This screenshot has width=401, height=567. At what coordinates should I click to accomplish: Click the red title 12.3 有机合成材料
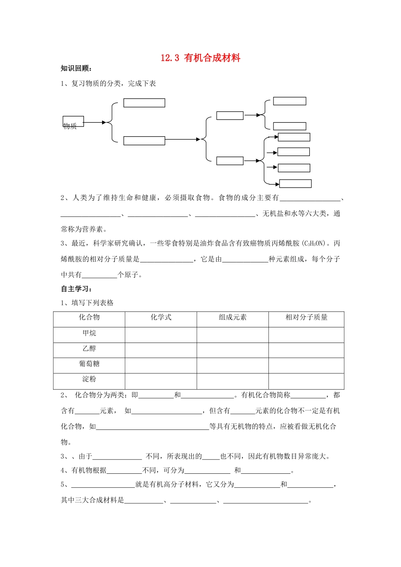point(200,58)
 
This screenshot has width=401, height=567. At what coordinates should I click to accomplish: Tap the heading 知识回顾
point(76,69)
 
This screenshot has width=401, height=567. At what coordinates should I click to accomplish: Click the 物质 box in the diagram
point(73,121)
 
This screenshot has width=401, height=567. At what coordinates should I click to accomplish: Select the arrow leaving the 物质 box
point(95,123)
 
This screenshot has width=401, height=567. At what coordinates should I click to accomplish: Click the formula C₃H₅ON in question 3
point(314,243)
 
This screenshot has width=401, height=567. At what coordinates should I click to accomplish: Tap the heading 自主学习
point(76,289)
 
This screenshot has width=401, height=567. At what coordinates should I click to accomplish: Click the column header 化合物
point(89,318)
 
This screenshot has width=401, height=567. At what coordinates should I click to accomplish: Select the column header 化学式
point(161,318)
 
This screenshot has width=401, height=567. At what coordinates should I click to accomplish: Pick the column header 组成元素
point(233,318)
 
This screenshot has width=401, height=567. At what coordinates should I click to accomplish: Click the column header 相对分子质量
point(306,318)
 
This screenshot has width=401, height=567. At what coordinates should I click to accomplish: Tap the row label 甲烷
point(89,333)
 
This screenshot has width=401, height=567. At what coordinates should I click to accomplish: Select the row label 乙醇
point(89,349)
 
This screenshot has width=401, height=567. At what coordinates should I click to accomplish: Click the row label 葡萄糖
point(89,364)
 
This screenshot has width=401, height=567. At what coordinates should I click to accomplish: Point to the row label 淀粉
point(89,379)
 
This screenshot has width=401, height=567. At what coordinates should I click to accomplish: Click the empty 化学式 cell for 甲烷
point(161,335)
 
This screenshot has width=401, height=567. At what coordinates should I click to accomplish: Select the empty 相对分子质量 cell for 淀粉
point(306,381)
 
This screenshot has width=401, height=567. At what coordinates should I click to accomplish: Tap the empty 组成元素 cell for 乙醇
point(233,350)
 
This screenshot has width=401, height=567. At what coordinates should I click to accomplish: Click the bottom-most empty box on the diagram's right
point(295,184)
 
